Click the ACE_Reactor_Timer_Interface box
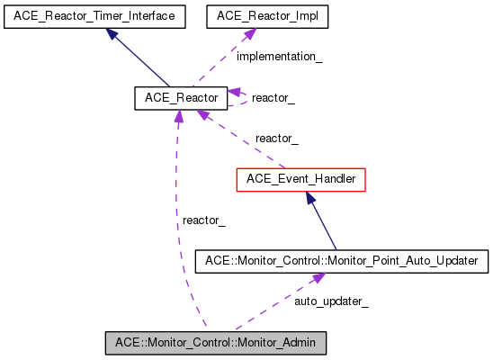94,16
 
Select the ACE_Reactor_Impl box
255,16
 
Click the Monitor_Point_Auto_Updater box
342,261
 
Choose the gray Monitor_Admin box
215,343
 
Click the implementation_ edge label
279,57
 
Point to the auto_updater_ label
331,301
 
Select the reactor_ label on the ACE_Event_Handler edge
276,139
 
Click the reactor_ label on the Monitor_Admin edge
203,220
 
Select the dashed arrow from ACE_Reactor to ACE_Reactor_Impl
216,63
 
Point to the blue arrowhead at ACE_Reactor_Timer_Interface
112,33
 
